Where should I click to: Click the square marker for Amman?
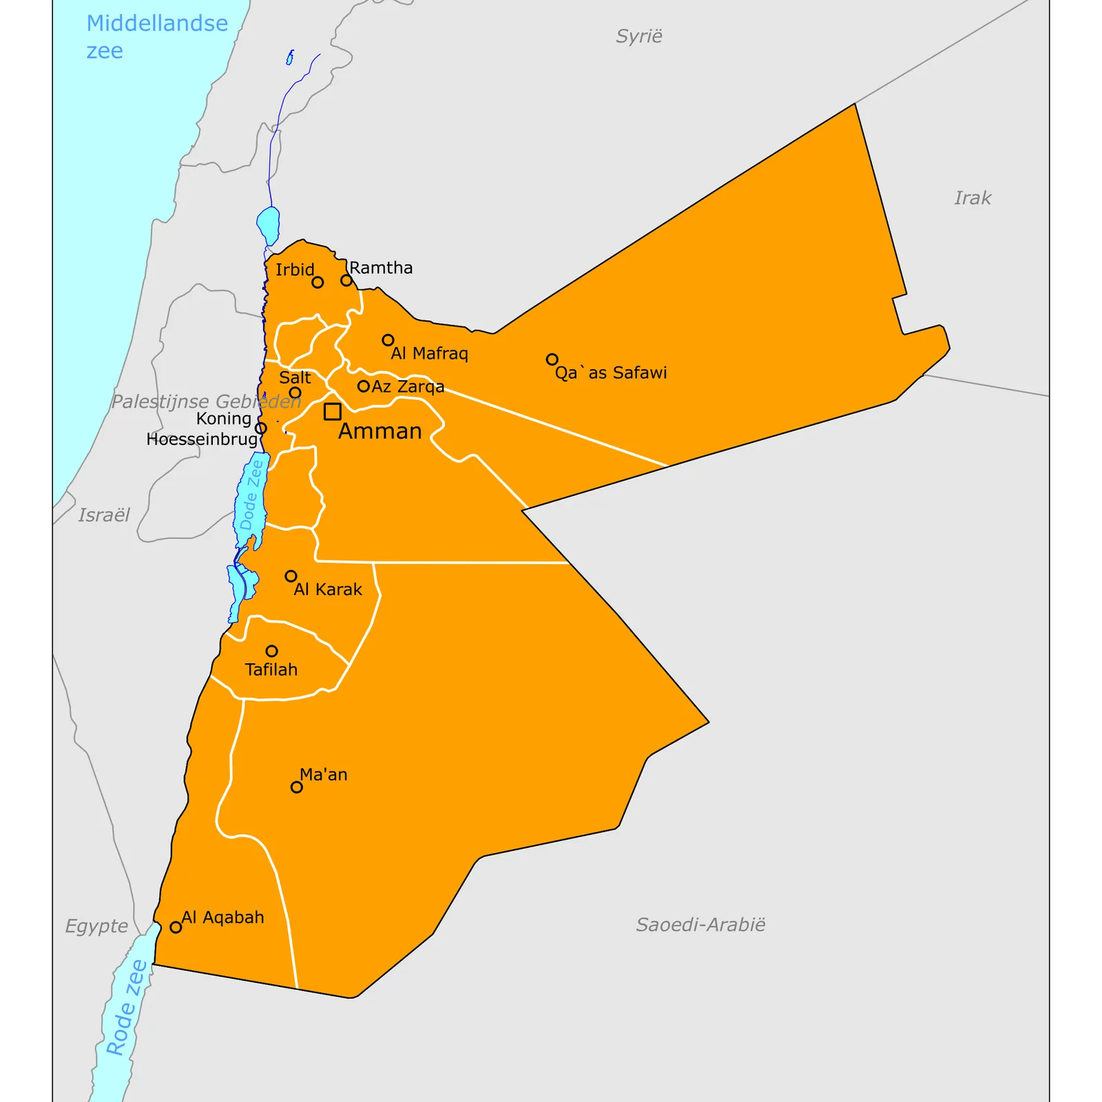[x=333, y=411]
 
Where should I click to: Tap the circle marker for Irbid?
[x=318, y=282]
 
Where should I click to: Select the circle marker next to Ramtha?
[x=346, y=280]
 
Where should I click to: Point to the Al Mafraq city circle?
[x=388, y=340]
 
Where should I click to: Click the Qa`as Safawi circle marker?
[x=552, y=360]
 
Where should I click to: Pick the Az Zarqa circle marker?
[x=364, y=386]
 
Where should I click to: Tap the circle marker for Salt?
[x=295, y=393]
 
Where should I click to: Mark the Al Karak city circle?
[x=291, y=576]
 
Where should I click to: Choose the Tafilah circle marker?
[x=272, y=651]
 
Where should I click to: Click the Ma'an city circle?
[x=297, y=787]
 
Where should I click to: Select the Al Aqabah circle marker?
[x=176, y=927]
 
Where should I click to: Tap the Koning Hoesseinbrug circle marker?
[x=261, y=428]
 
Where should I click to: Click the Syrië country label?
[x=639, y=37]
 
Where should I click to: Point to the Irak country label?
[x=973, y=198]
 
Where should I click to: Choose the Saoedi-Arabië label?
[x=700, y=924]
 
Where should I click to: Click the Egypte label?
[x=96, y=926]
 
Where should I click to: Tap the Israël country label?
[x=104, y=515]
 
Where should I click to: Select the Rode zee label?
[x=127, y=1007]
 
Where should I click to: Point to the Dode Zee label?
[x=251, y=495]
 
